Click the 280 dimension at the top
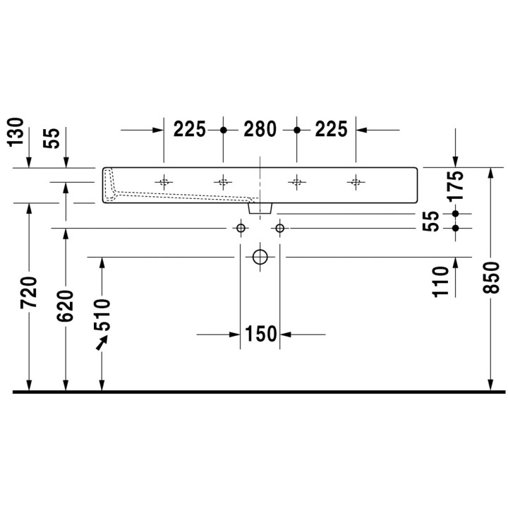(x=260, y=130)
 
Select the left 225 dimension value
(x=190, y=130)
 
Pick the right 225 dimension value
(x=331, y=130)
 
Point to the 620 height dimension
(x=66, y=306)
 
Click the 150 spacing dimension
(x=260, y=334)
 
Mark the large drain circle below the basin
(x=260, y=257)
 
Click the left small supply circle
(x=241, y=228)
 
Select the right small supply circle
(x=280, y=228)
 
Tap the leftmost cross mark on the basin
(x=164, y=182)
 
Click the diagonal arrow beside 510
(x=103, y=344)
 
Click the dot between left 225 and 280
(x=224, y=130)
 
